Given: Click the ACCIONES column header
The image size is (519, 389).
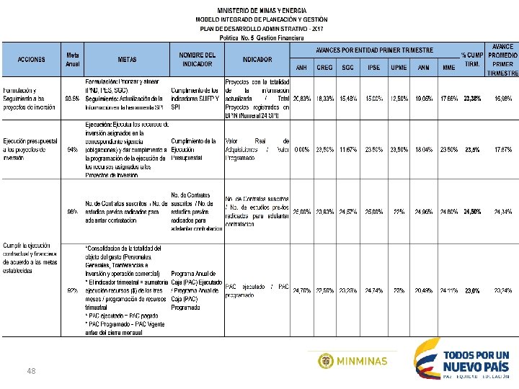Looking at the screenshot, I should [x=31, y=60].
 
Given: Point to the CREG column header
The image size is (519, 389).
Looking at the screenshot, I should [x=324, y=68].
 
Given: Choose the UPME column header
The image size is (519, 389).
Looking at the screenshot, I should [x=399, y=68].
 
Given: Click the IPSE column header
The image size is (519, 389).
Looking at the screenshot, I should [x=373, y=68].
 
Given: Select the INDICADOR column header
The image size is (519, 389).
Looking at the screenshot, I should [x=257, y=60].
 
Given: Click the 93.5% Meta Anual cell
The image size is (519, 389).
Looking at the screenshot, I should [x=72, y=98].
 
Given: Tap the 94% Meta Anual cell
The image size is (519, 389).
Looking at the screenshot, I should [x=72, y=150].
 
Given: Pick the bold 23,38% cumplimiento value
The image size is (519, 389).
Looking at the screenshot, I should [x=473, y=98].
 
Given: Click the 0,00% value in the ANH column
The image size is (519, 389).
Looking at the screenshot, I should [x=301, y=150].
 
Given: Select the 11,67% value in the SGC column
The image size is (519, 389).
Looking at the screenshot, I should [x=349, y=150].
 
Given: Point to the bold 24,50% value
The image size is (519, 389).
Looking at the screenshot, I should [x=473, y=212].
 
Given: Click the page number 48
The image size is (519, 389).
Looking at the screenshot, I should [x=31, y=370].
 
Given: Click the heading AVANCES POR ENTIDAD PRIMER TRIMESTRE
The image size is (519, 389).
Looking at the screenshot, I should [x=374, y=50].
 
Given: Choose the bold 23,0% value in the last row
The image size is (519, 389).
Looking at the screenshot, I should [x=473, y=291].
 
